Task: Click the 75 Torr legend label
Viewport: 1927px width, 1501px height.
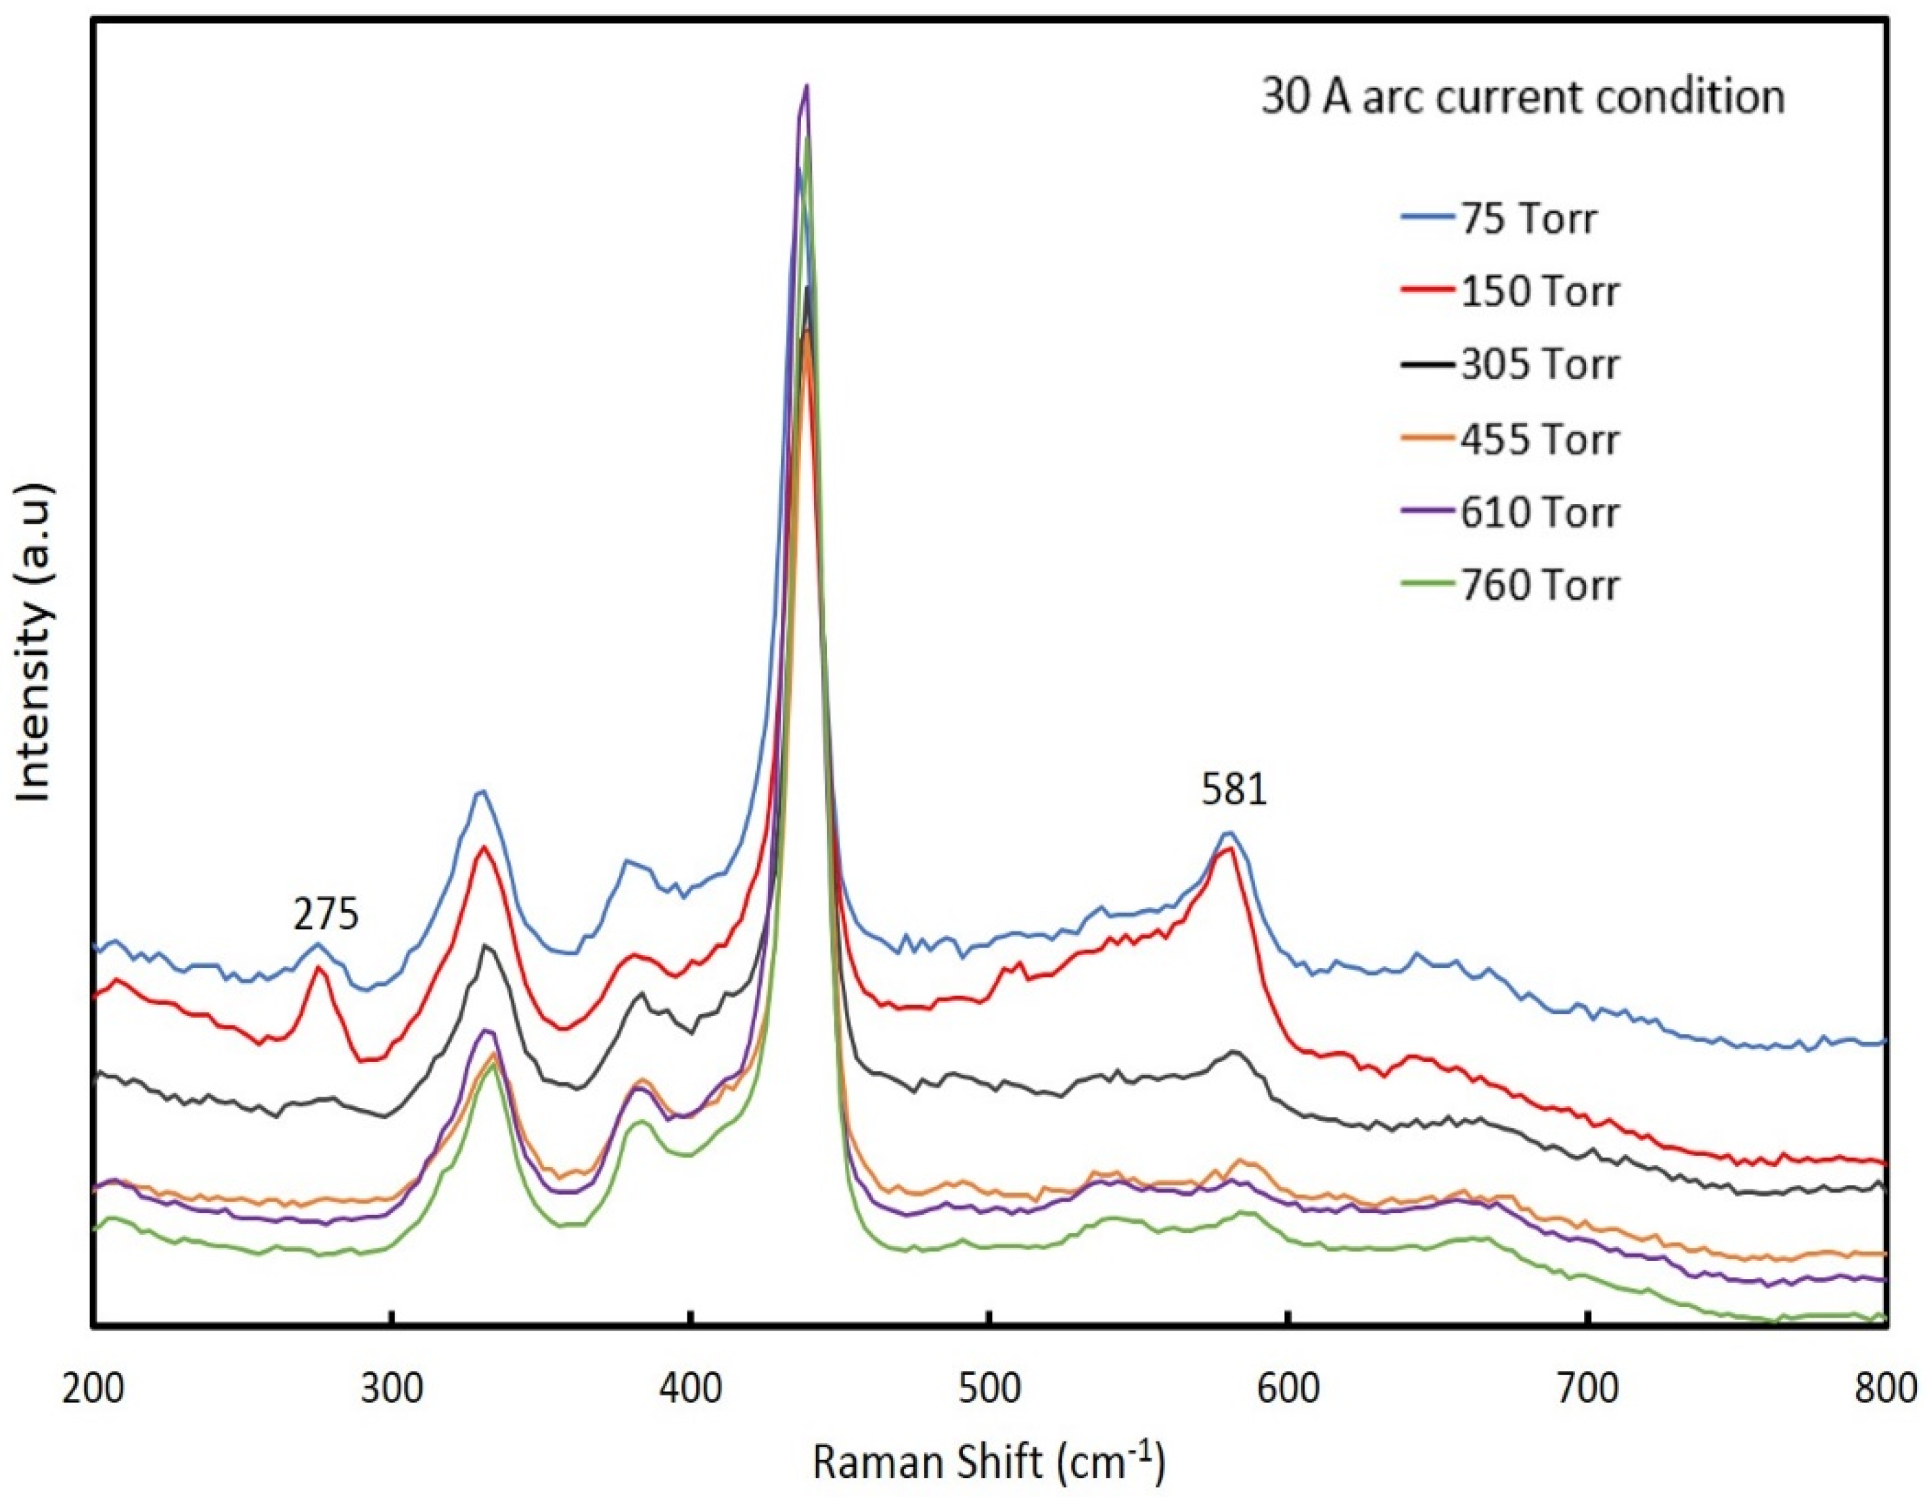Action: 1528,218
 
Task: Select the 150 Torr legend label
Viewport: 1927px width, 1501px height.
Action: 1540,292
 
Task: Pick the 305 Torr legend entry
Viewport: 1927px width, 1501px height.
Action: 1540,365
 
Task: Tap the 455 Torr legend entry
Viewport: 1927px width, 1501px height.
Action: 1540,439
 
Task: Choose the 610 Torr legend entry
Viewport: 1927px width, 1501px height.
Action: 1540,512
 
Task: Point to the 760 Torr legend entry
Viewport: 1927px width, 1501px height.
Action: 1540,586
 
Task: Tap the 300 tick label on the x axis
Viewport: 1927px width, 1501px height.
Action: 392,1388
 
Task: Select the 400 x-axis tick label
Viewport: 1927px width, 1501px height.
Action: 691,1388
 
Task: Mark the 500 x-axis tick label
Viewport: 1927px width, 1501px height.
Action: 990,1388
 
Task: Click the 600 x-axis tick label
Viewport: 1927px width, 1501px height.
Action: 1289,1388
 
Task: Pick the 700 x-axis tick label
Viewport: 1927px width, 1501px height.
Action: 1588,1388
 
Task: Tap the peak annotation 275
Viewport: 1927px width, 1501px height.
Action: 326,915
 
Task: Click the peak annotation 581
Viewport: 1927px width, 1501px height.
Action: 1233,790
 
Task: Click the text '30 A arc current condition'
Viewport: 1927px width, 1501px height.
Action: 1522,97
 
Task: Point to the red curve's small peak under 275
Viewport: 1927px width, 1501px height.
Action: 319,969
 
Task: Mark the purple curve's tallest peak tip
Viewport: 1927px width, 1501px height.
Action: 807,87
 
